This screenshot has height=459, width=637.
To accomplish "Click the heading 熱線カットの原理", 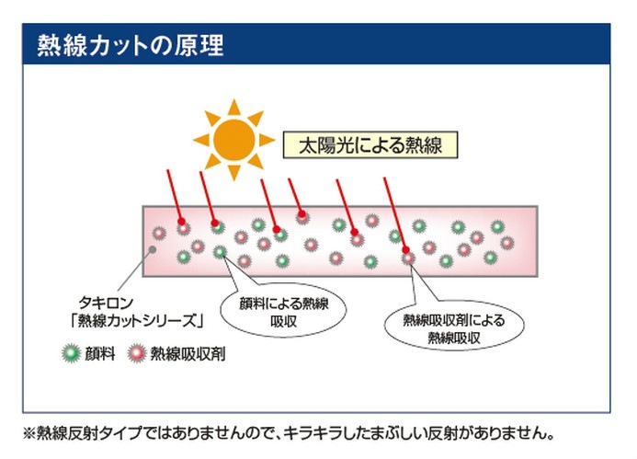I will pos(131,46).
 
